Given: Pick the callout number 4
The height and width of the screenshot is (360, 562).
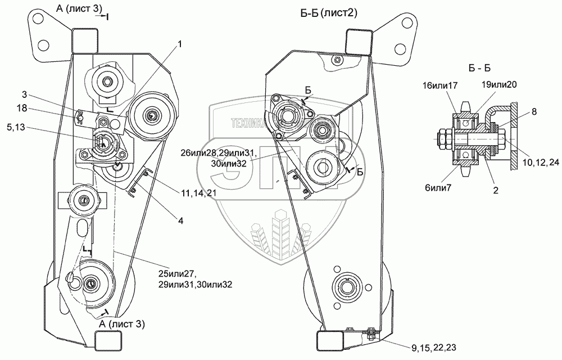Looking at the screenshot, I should (x=180, y=221).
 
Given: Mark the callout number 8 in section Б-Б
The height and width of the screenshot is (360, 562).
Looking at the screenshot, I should (x=534, y=112).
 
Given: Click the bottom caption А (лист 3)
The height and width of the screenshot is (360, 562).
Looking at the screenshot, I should (x=121, y=324).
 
